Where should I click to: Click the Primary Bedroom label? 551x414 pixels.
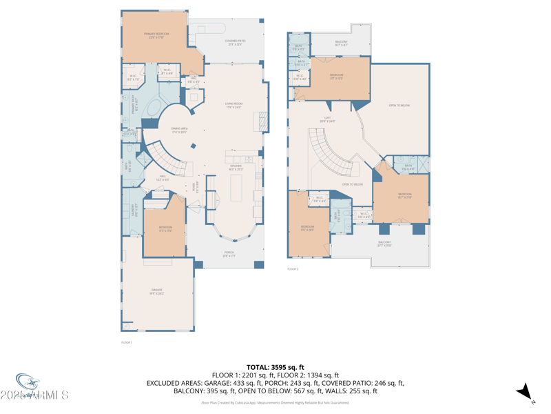point(156,34)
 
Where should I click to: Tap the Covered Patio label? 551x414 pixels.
point(234,42)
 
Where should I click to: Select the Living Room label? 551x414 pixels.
point(233,105)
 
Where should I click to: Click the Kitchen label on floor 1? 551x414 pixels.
point(235,168)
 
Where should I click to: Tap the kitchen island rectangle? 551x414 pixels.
point(236,188)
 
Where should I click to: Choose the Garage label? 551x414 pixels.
point(157,291)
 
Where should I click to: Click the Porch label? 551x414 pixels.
point(229,254)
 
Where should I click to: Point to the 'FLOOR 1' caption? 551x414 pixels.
point(126,342)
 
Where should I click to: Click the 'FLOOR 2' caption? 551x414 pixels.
point(293,268)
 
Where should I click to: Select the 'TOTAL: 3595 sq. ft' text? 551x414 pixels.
point(275,367)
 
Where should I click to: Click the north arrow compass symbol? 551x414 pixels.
point(526,391)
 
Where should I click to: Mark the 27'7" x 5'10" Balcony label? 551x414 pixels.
point(384,244)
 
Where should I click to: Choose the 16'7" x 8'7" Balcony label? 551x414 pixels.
point(341,43)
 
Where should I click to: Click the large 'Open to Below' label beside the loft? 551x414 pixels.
point(399,106)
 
